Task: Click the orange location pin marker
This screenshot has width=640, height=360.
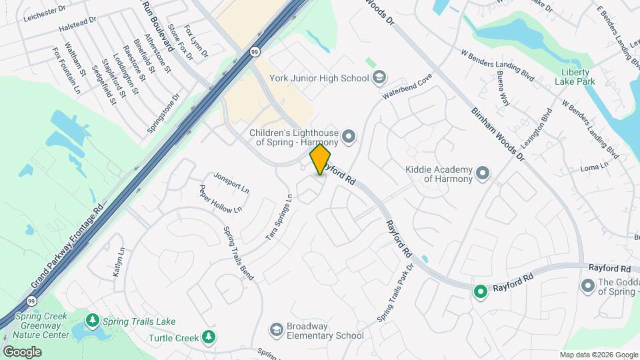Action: pos(320,159)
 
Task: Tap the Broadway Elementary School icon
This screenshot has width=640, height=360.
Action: pos(276,330)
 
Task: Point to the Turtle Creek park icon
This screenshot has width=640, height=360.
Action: pos(210,337)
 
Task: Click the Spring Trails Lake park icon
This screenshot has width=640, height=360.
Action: pos(92,321)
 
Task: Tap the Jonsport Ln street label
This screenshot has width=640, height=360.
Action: pos(231,181)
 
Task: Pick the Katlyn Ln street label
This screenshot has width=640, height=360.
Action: pos(119,263)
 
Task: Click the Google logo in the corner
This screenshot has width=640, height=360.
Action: pos(22,351)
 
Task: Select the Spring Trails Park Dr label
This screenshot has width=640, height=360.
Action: pos(395,293)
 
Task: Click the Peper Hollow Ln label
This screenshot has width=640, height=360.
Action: pos(221,199)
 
